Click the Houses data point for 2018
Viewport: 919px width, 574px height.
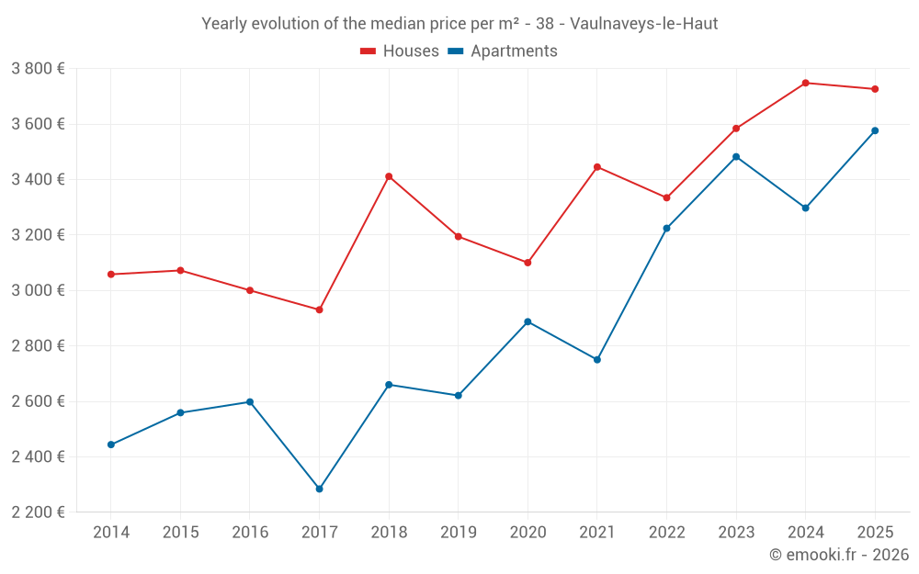pos(389,176)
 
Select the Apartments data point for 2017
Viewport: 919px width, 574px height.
pos(319,489)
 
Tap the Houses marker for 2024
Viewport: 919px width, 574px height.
pos(805,83)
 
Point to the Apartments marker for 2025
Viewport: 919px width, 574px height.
pos(875,130)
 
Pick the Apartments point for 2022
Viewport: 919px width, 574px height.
pos(666,228)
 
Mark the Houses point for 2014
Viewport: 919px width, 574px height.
pos(111,275)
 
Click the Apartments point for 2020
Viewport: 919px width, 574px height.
pos(528,321)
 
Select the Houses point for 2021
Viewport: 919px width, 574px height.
pos(597,167)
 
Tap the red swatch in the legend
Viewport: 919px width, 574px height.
pos(369,51)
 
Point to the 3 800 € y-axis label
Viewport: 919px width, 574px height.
pos(38,69)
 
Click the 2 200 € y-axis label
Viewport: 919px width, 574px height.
pos(38,512)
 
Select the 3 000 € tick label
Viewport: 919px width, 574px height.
pos(38,290)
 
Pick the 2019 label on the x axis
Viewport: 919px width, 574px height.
pos(458,533)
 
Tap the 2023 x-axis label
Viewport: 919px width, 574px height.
pos(736,533)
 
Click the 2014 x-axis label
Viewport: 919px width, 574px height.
pos(111,533)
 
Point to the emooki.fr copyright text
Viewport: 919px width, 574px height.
pos(838,555)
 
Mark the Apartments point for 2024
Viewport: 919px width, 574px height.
pos(805,208)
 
